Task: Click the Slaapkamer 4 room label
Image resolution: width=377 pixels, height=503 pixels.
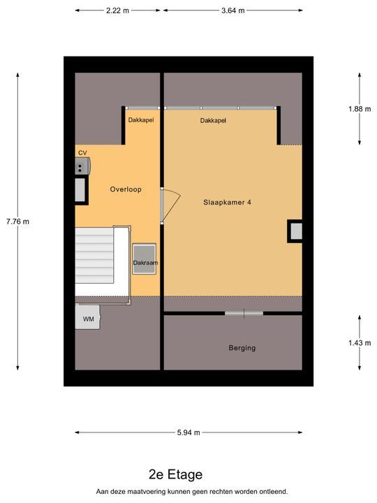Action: tap(227, 203)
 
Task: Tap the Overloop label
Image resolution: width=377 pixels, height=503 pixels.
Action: tap(126, 189)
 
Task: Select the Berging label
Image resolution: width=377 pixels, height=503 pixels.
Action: tap(242, 348)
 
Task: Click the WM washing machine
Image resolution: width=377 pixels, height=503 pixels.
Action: tap(88, 317)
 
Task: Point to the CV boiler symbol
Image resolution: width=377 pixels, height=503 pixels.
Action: tap(82, 166)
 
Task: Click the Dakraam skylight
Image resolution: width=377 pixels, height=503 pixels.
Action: tap(145, 258)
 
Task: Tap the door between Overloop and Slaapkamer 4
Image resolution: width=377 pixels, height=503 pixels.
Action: tap(170, 205)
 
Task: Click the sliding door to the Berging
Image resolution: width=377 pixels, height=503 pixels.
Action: tap(244, 313)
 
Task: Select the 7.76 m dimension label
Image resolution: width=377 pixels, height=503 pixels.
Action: tap(17, 221)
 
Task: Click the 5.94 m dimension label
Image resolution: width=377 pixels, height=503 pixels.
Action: tap(188, 432)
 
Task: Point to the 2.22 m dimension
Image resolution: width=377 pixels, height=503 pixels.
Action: tap(118, 10)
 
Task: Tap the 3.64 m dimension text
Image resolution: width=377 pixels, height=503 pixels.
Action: tap(233, 10)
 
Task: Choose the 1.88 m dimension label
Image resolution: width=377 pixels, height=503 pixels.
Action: tap(360, 109)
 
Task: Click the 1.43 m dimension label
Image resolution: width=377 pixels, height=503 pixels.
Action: tap(360, 343)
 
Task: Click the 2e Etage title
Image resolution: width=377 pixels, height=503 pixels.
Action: tap(176, 474)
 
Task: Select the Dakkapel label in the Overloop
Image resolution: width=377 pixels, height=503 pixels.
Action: tap(141, 120)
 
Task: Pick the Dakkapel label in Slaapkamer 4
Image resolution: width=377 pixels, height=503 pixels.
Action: tap(213, 121)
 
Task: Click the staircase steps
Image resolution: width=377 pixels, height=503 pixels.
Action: tap(94, 256)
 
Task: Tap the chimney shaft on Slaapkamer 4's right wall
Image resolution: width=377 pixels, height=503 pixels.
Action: tap(295, 231)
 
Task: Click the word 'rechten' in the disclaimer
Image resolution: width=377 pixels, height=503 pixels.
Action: tap(223, 491)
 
